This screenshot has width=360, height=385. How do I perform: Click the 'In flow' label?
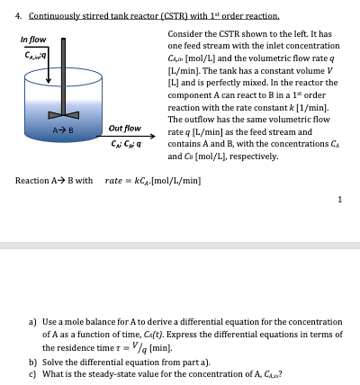[x=34, y=40]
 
